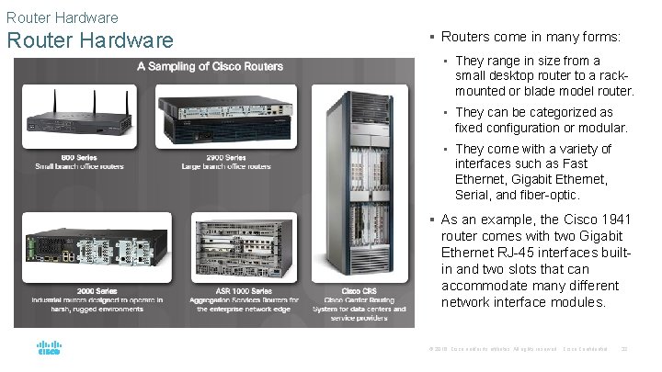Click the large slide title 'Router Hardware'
click(x=90, y=41)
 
